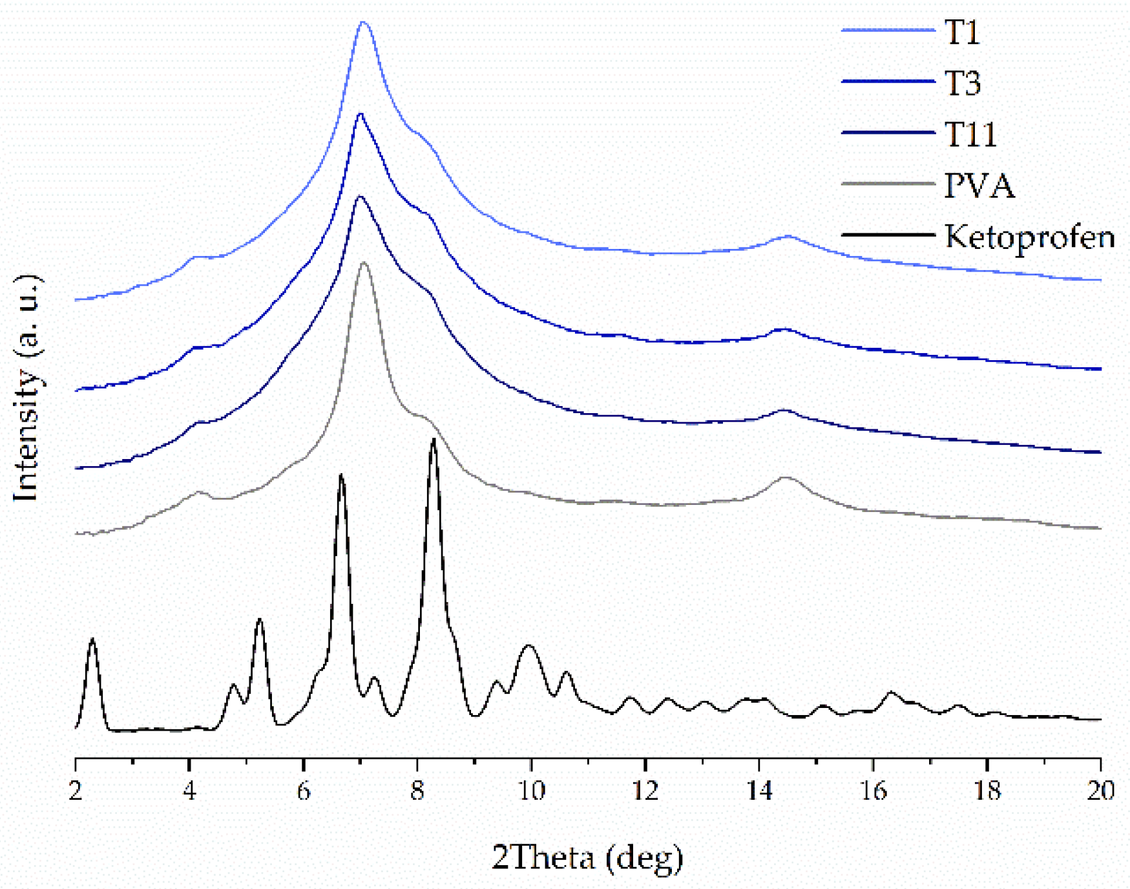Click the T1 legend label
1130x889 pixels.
[962, 32]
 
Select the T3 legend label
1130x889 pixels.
[963, 83]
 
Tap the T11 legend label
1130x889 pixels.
[970, 134]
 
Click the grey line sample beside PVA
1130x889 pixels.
[888, 184]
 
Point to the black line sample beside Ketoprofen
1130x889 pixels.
[888, 235]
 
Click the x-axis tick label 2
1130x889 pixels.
[76, 790]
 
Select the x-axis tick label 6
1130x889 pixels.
[303, 790]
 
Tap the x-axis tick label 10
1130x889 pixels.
[530, 790]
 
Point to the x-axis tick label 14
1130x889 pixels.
[759, 790]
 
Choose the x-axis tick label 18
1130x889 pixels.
[987, 790]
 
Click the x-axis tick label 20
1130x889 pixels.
[1100, 790]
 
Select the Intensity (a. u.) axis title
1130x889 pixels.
[27, 388]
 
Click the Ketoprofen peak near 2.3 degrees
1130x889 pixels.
[92, 639]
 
